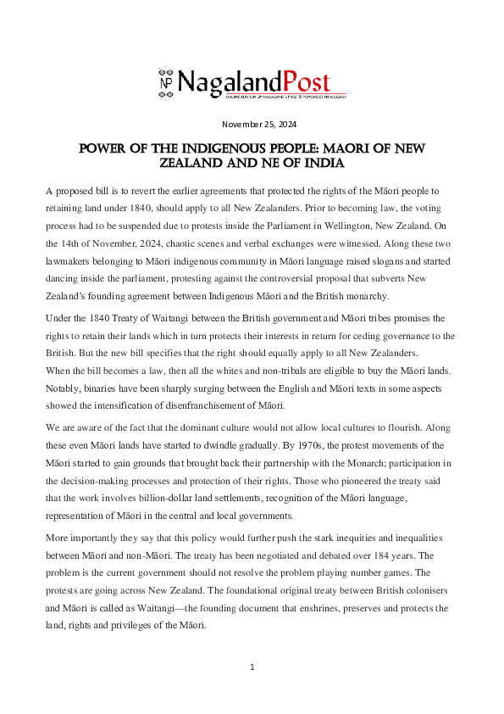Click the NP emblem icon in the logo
pyautogui.click(x=165, y=81)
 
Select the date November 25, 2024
pyautogui.click(x=252, y=125)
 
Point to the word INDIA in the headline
pyautogui.click(x=320, y=162)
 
